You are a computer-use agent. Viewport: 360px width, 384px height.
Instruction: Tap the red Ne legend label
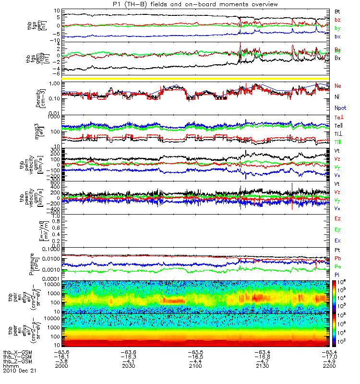pyautogui.click(x=338, y=86)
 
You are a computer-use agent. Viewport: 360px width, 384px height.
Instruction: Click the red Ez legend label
pyautogui.click(x=338, y=218)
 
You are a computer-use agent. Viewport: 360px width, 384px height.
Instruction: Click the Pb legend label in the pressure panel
pyautogui.click(x=338, y=258)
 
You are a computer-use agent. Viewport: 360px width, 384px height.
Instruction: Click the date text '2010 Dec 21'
pyautogui.click(x=19, y=371)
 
